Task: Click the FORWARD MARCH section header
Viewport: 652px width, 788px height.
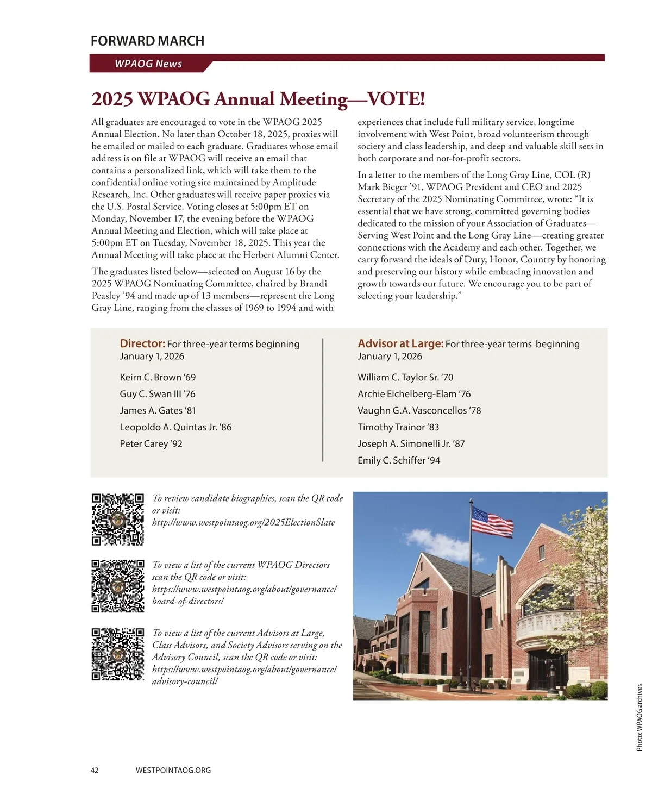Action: (147, 41)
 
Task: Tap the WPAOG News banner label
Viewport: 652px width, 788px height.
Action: (148, 64)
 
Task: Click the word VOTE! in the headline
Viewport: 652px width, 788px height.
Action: (396, 99)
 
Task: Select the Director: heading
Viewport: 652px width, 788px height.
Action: (142, 343)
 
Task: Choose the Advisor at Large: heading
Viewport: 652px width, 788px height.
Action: (400, 343)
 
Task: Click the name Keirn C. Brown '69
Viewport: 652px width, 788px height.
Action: (158, 377)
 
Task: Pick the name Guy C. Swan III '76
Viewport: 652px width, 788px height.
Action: (158, 394)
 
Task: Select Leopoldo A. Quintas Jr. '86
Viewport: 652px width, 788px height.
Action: (175, 427)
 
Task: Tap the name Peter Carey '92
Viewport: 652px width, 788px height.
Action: (151, 444)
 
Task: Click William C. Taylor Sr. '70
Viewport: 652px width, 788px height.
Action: (405, 377)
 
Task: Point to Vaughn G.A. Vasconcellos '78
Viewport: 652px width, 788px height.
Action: (419, 410)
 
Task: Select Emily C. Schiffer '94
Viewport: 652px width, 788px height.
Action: (399, 460)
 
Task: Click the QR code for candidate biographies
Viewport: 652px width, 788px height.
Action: (118, 520)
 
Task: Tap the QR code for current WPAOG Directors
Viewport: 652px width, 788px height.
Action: (118, 586)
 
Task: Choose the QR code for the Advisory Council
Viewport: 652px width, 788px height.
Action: (118, 654)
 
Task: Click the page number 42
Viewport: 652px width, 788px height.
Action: (95, 770)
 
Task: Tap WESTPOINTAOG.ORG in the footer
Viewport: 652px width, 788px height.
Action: (173, 770)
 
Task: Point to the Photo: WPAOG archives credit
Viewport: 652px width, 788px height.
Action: (640, 717)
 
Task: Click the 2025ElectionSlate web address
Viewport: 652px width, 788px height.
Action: (243, 522)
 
